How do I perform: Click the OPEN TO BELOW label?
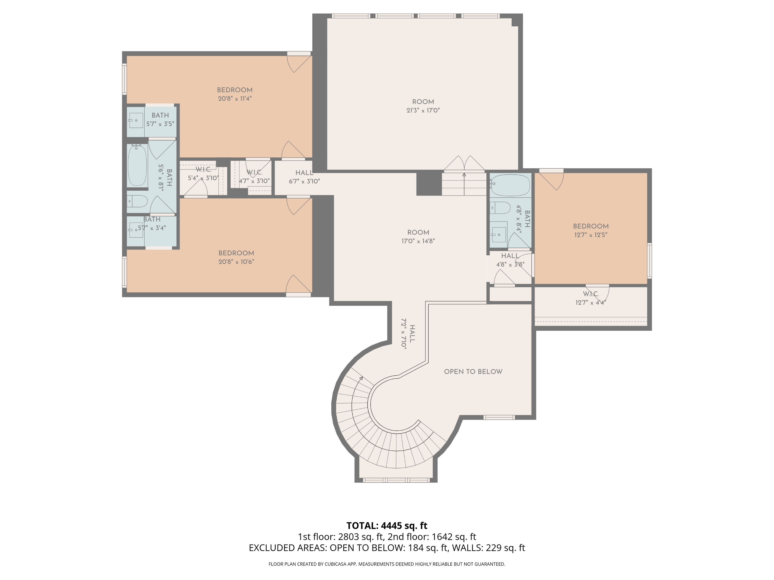pos(473,372)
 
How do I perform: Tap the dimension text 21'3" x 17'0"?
pos(423,110)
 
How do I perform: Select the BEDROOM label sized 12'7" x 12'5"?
pos(591,226)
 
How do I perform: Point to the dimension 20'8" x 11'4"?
pos(235,99)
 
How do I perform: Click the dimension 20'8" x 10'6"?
pos(236,262)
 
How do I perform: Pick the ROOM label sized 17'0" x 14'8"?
pos(418,233)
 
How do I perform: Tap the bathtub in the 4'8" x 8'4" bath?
pos(511,185)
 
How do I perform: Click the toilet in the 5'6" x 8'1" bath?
pos(137,201)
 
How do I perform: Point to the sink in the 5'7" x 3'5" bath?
pos(135,121)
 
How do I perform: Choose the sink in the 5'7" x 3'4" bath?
pos(135,230)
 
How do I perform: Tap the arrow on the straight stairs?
pos(464,184)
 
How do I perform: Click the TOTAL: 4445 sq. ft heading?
pos(387,525)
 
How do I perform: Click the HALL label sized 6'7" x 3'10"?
pos(304,173)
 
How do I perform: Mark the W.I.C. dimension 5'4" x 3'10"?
pos(203,178)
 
